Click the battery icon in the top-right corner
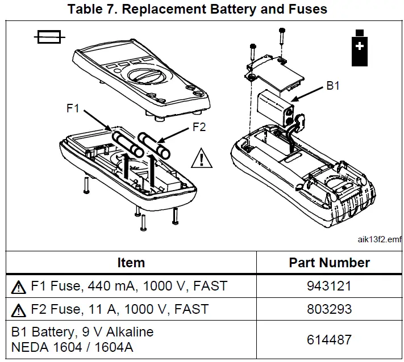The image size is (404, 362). click(359, 49)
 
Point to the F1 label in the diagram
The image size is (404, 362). click(73, 108)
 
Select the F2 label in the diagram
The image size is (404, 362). click(198, 127)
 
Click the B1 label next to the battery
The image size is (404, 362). click(332, 87)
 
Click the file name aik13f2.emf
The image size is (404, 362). click(380, 239)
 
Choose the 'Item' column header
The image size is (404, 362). click(131, 263)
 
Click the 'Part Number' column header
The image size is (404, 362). click(329, 263)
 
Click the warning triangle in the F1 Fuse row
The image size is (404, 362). click(18, 287)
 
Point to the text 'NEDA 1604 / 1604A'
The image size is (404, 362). click(72, 347)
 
